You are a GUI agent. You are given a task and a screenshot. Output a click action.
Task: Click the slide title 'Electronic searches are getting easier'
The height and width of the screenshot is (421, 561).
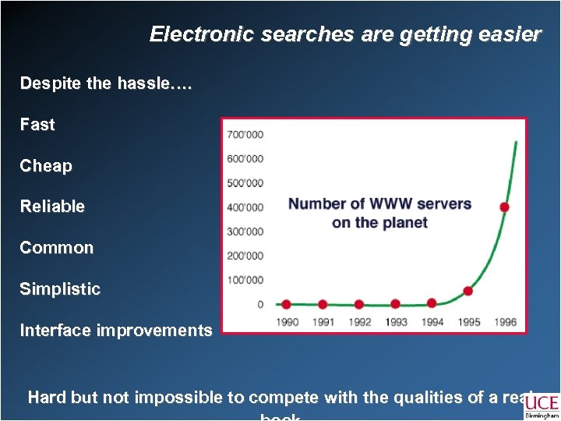pos(345,34)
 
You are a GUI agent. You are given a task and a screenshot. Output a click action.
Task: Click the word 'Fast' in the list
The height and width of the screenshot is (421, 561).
pos(37,125)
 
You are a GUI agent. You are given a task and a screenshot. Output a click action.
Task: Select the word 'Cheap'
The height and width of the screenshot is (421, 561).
pos(46,166)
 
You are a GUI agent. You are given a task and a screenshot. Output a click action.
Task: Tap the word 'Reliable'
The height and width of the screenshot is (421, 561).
pos(52,207)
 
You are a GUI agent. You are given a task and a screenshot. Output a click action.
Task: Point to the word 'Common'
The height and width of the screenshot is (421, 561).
pos(56,248)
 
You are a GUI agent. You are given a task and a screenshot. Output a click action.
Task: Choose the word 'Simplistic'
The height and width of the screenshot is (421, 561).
pos(60,289)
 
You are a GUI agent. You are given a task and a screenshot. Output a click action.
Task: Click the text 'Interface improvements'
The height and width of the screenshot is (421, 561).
pos(116,331)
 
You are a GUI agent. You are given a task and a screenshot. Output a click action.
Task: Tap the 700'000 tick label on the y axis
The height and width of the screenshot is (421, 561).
pos(245,134)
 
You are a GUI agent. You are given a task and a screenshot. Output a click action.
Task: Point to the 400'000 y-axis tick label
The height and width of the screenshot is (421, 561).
pos(245,207)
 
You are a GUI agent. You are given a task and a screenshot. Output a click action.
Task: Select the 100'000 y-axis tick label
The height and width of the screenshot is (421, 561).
pos(245,280)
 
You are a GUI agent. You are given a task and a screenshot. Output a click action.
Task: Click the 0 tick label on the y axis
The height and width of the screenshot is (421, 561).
pos(259,304)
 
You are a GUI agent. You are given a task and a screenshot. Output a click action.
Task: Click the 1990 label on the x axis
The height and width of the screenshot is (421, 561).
pos(287,322)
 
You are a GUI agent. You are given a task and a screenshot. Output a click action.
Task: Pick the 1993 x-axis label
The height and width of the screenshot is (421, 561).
pos(395,322)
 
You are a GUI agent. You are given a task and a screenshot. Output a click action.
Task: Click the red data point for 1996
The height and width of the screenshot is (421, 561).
pos(504,207)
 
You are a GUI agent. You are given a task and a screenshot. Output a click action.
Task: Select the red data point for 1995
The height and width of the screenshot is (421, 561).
pos(467,291)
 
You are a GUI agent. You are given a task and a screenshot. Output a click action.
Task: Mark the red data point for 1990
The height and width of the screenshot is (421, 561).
pos(286,304)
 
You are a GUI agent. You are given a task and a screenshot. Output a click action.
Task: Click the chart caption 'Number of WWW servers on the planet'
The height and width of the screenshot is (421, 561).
pos(379,213)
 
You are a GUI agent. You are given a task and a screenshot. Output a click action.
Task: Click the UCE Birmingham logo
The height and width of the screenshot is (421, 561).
pos(542,406)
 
